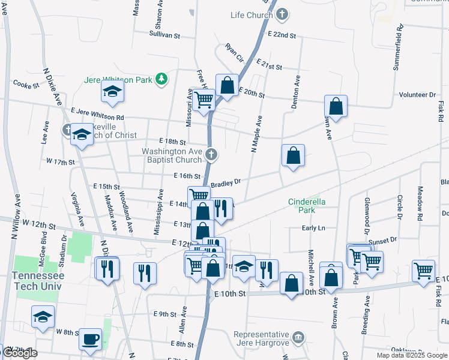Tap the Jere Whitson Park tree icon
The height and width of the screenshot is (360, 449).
click(x=161, y=79)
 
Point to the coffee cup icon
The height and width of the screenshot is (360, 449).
click(x=91, y=339)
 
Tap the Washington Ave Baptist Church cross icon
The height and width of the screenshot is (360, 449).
click(x=211, y=155)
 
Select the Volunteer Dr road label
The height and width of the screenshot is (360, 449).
click(x=417, y=95)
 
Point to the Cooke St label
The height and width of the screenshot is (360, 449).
click(x=26, y=85)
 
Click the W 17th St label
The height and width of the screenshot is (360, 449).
click(x=60, y=162)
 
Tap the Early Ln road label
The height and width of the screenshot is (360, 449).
click(x=313, y=228)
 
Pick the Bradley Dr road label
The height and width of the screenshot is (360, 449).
click(x=225, y=182)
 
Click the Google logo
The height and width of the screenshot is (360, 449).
click(x=20, y=353)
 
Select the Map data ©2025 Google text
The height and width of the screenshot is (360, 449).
click(x=412, y=355)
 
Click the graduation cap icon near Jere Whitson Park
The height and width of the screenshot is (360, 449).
click(x=112, y=91)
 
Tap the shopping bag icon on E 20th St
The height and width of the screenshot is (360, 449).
click(x=227, y=86)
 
